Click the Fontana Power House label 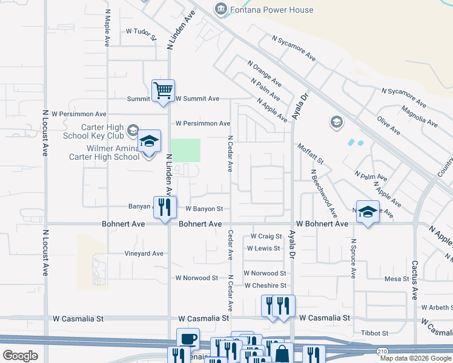pos(273,10)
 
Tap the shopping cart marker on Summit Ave pos(163,91)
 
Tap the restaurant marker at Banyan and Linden pos(165,207)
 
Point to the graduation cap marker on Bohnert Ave pos(367,212)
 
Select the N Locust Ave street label pos(45,133)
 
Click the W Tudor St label pos(141,31)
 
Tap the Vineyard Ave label pos(144,253)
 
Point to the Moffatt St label pos(311,154)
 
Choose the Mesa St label pos(397,279)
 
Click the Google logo pos(20,356)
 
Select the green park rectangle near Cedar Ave pos(185,150)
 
